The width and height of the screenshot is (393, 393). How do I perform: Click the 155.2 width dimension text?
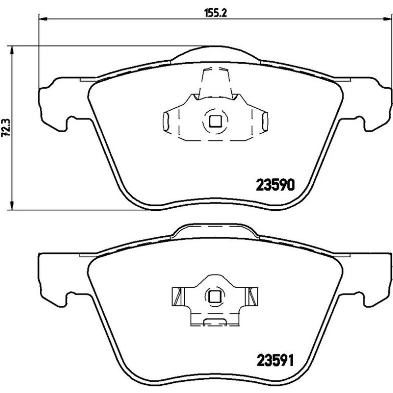[x=215, y=13]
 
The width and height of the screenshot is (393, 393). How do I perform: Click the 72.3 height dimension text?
[x=6, y=128]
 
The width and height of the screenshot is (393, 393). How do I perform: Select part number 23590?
[x=275, y=185]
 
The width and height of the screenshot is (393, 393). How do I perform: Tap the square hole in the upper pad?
[x=215, y=121]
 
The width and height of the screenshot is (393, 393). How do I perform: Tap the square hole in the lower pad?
[x=215, y=297]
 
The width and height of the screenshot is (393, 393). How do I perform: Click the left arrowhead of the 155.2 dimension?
[x=43, y=19]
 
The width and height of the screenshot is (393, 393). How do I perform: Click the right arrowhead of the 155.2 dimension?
[x=387, y=19]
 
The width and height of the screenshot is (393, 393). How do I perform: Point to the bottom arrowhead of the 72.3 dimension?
[x=12, y=205]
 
